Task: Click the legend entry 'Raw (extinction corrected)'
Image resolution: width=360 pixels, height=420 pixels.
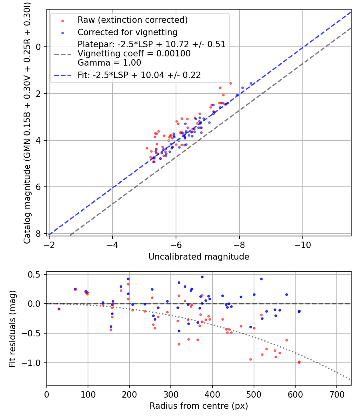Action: click(x=132, y=20)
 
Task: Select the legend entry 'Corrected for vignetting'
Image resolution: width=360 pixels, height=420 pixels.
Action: click(x=127, y=32)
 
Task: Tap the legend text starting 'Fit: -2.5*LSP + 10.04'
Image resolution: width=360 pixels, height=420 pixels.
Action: click(x=139, y=75)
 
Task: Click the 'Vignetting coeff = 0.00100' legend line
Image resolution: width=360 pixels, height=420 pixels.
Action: click(x=134, y=54)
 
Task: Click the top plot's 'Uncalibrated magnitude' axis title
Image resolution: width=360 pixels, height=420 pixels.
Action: click(x=199, y=257)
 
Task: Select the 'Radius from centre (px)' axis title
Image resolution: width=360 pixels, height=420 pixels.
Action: click(x=199, y=406)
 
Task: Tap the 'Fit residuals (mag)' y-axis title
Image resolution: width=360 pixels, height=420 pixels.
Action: click(x=12, y=328)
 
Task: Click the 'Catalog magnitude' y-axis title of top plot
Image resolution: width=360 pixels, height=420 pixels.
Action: click(x=27, y=122)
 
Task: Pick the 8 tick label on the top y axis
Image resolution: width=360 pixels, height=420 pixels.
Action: click(x=39, y=234)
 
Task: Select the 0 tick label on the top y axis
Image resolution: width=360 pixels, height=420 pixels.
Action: click(x=39, y=47)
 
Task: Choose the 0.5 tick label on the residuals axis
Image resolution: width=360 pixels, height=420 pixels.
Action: click(x=36, y=274)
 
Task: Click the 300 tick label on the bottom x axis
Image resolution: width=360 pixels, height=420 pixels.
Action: click(x=171, y=394)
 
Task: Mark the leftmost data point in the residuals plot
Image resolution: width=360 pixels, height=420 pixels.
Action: click(x=59, y=309)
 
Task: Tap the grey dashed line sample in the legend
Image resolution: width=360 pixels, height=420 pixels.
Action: click(x=62, y=54)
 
